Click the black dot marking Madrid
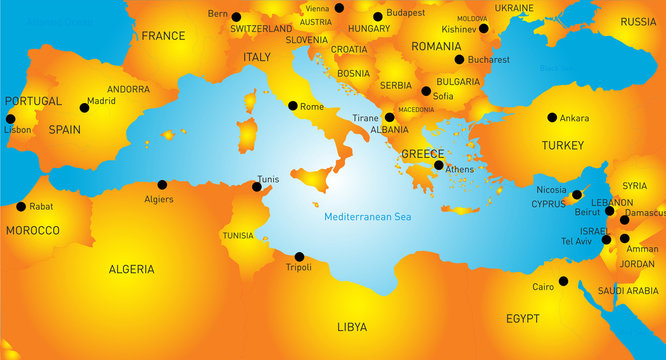coord(84,108)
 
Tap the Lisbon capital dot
coord(11,119)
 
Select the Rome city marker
coord(293,106)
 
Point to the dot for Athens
coord(439,165)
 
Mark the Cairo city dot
coord(563,281)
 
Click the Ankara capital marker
coord(551,117)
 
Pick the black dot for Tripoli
coord(297,256)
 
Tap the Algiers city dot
coord(163,184)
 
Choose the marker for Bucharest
coord(459,59)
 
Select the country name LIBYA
coord(352,327)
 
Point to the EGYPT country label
coord(522,319)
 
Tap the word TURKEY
coord(562,145)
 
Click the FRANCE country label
coord(163,36)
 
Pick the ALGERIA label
coord(131,269)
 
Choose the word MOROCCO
coord(33,230)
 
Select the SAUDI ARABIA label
coord(627,291)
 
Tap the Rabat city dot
coord(21,207)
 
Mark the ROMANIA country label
coord(436,46)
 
